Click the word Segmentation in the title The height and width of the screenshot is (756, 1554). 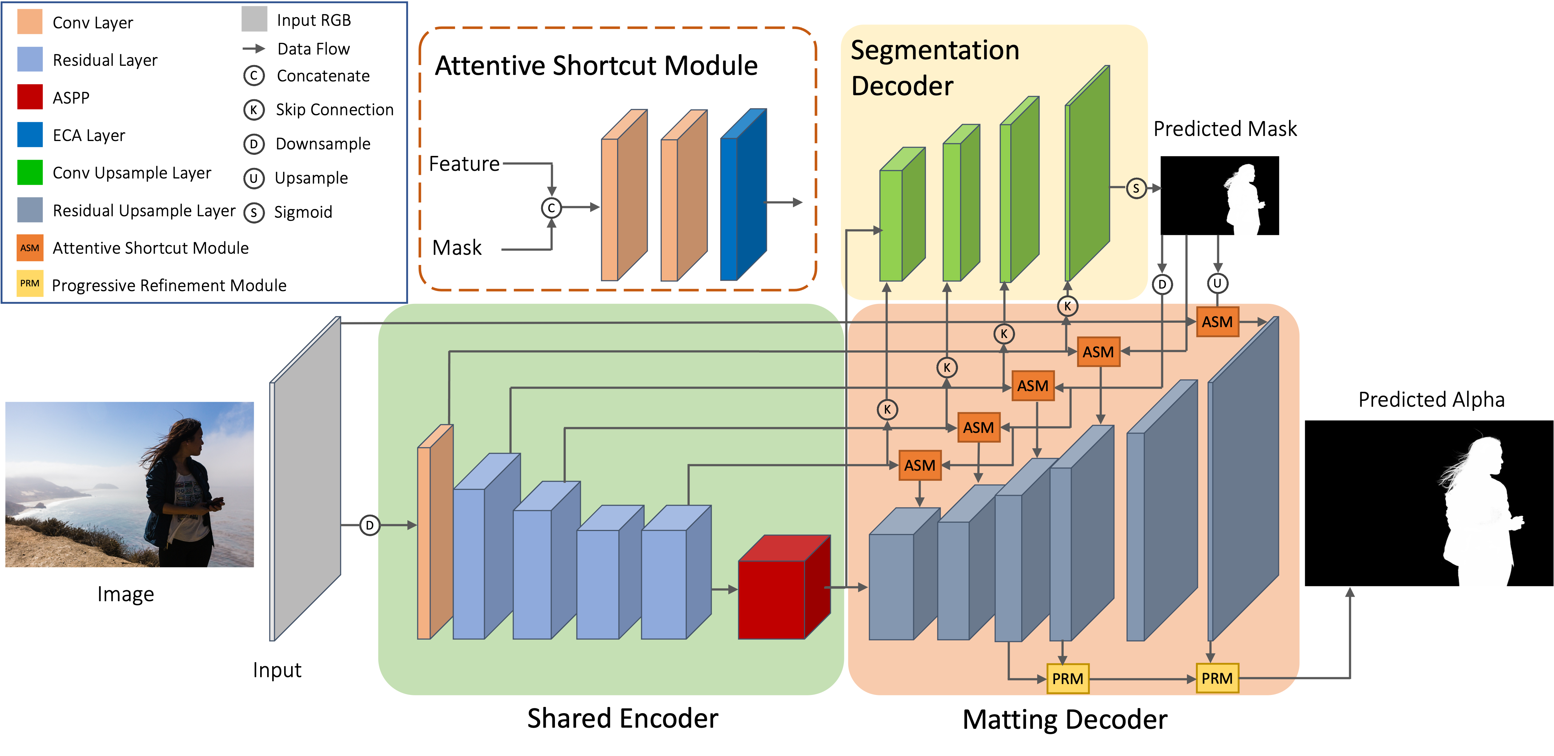[934, 50]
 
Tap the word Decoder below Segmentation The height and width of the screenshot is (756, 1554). [902, 86]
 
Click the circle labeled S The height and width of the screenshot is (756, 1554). [1136, 188]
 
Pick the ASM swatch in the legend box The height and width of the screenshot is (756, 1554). [29, 248]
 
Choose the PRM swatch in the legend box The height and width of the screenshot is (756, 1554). [29, 283]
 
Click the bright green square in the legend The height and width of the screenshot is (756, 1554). [29, 172]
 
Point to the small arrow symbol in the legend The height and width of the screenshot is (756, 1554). [253, 48]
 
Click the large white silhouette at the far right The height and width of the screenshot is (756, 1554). [1478, 513]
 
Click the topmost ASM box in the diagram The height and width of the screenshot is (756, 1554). [1217, 322]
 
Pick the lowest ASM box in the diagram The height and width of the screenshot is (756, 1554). [919, 465]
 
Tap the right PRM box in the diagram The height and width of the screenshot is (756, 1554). [1217, 678]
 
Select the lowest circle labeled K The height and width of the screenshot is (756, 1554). [887, 410]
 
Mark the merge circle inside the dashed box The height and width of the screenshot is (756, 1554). [551, 208]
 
